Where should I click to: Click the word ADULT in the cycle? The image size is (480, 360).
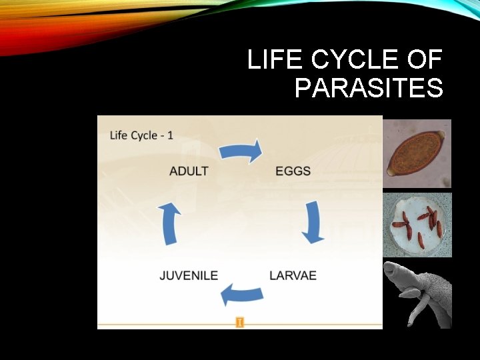189,171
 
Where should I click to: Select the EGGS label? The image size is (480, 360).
293,171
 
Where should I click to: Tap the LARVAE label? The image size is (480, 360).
293,275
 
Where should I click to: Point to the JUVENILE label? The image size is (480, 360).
189,275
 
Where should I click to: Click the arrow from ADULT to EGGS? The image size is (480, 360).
241,151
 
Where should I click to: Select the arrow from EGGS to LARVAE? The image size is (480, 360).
313,223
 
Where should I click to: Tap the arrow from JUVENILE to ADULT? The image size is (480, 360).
171,224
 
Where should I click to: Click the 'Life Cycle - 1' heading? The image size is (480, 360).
141,135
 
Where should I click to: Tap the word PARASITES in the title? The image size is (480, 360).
369,88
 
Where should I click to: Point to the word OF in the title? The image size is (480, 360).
425,61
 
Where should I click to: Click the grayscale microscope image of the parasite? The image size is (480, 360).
417,294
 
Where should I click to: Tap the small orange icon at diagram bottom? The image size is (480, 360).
239,323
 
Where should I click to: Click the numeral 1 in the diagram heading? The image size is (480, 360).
170,135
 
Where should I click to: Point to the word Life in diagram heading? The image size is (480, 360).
119,135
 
